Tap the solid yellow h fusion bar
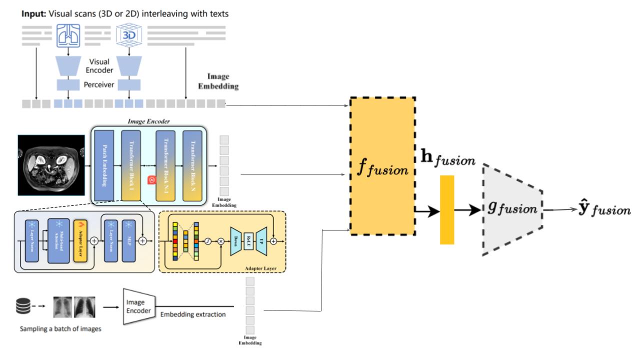[x=447, y=209]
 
